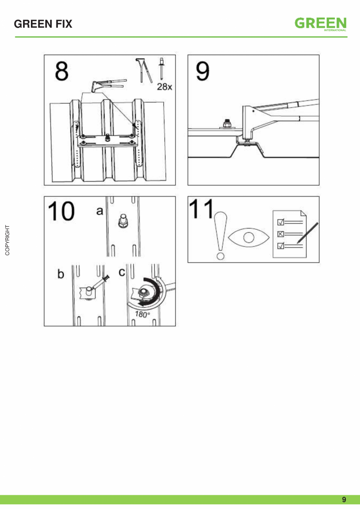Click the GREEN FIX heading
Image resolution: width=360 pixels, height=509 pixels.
coord(43,24)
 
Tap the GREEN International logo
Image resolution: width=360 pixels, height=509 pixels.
coord(321,24)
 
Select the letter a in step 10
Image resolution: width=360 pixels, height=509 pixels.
coord(99,211)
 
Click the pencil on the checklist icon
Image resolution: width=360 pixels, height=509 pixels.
coord(307,233)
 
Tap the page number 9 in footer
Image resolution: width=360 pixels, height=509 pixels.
coord(344,500)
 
